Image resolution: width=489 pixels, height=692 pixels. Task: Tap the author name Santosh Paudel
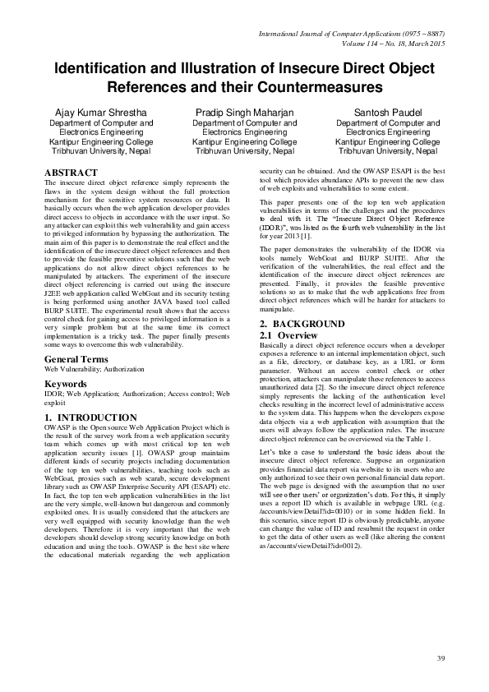tap(390, 111)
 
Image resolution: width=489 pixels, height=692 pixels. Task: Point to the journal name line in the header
tap(352, 33)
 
